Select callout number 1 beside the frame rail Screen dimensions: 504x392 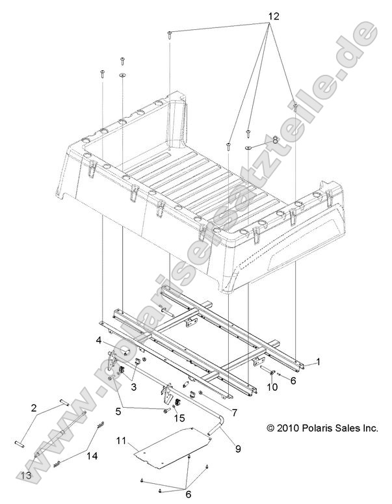point(318,362)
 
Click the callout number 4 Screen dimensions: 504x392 point(99,340)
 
